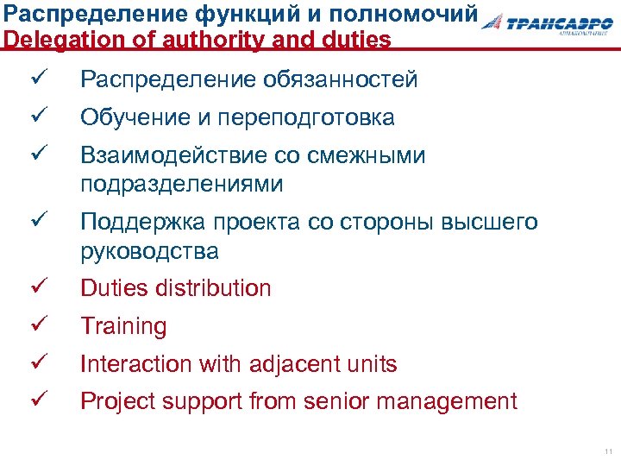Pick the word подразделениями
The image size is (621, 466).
181,185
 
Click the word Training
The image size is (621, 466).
123,326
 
